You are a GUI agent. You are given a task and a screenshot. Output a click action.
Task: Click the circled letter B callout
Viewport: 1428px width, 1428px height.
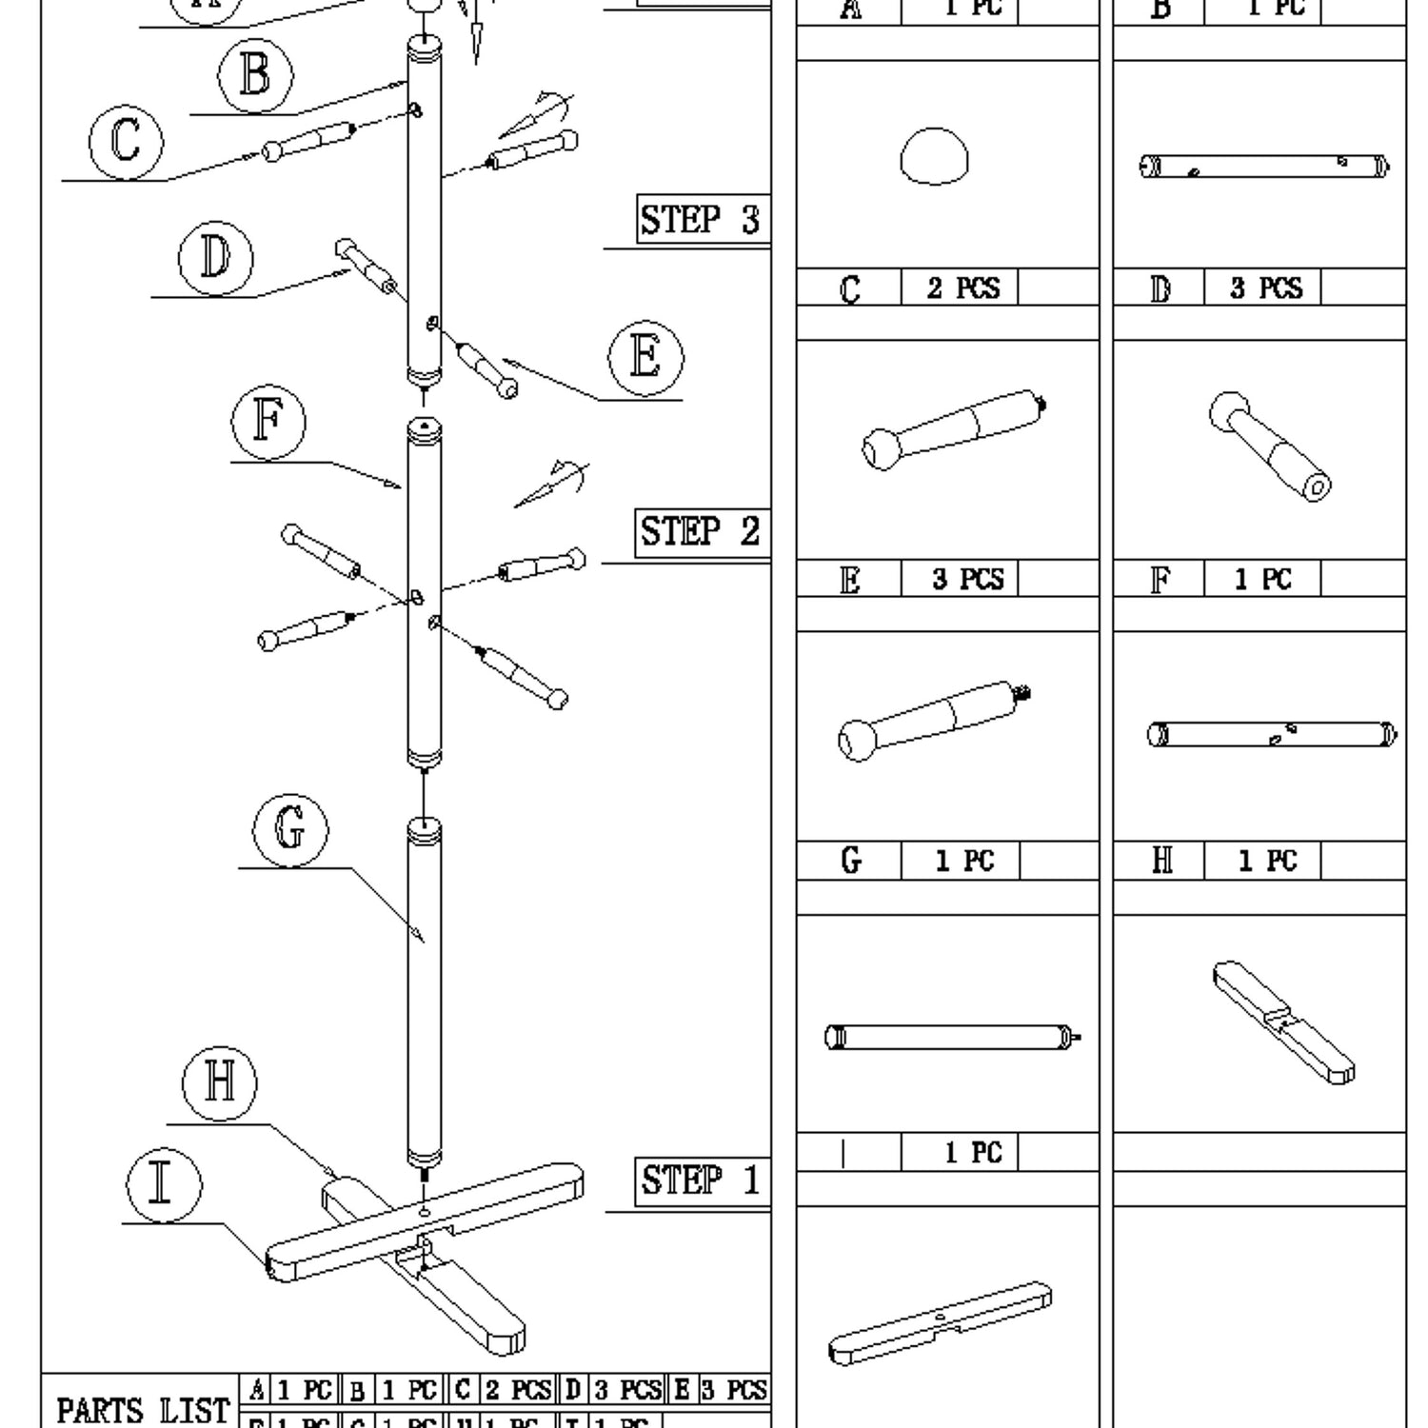(255, 75)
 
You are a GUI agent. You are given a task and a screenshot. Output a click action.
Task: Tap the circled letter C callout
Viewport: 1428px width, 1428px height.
(126, 142)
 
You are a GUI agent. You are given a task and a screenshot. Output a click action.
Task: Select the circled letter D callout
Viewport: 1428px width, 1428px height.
(216, 258)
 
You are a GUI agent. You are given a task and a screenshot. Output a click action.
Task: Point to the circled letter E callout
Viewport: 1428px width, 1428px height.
(645, 359)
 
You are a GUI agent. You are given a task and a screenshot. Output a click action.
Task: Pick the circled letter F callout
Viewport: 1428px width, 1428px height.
(268, 423)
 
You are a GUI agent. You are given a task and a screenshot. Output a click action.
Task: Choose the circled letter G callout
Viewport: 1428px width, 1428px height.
(290, 828)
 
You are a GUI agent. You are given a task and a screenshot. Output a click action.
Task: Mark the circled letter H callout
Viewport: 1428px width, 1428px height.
(219, 1082)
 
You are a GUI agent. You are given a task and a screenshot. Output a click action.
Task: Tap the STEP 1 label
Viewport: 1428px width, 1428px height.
(702, 1181)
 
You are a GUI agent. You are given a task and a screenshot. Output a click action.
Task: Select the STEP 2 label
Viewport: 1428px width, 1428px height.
(702, 532)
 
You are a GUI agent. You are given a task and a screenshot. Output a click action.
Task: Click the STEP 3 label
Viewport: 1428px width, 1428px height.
(702, 220)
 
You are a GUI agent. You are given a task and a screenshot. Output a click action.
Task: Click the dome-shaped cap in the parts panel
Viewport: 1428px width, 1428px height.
(934, 157)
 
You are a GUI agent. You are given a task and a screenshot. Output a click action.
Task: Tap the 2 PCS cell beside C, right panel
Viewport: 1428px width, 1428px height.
(960, 288)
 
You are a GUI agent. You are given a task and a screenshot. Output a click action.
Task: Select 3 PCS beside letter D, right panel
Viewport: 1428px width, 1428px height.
(1262, 288)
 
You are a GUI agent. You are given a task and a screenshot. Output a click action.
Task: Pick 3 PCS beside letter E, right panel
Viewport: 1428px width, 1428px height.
(960, 579)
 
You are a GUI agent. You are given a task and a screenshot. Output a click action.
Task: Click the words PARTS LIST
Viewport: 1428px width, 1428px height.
(143, 1411)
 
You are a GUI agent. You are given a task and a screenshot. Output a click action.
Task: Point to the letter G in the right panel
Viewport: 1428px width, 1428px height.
(851, 861)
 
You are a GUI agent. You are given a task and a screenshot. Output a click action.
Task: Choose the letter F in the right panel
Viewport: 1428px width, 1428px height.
(1160, 579)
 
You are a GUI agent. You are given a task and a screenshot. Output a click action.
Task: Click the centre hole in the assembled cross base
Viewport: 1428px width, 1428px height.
(424, 1212)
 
